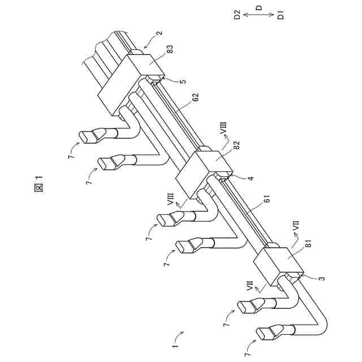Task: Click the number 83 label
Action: coord(170,51)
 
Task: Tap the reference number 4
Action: coord(251,178)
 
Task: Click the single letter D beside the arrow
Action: coord(259,8)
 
